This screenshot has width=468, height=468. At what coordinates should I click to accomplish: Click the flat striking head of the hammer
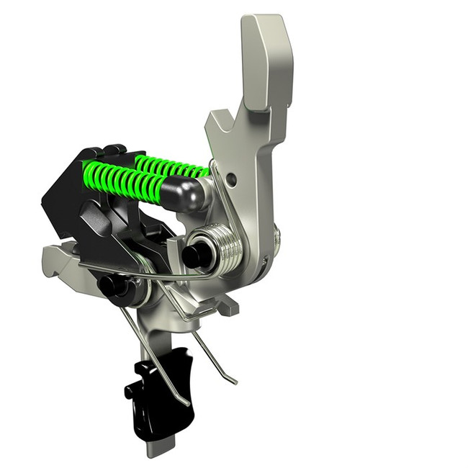pyautogui.click(x=267, y=61)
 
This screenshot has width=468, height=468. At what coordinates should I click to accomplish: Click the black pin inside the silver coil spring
pyautogui.click(x=193, y=256)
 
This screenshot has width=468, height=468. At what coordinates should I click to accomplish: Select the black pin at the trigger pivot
pyautogui.click(x=109, y=285)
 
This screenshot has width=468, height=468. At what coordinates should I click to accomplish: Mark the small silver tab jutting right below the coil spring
pyautogui.click(x=227, y=306)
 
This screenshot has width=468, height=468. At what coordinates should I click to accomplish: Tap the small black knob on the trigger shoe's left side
pyautogui.click(x=130, y=392)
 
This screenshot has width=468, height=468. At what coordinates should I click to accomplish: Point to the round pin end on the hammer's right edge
pyautogui.click(x=277, y=238)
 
